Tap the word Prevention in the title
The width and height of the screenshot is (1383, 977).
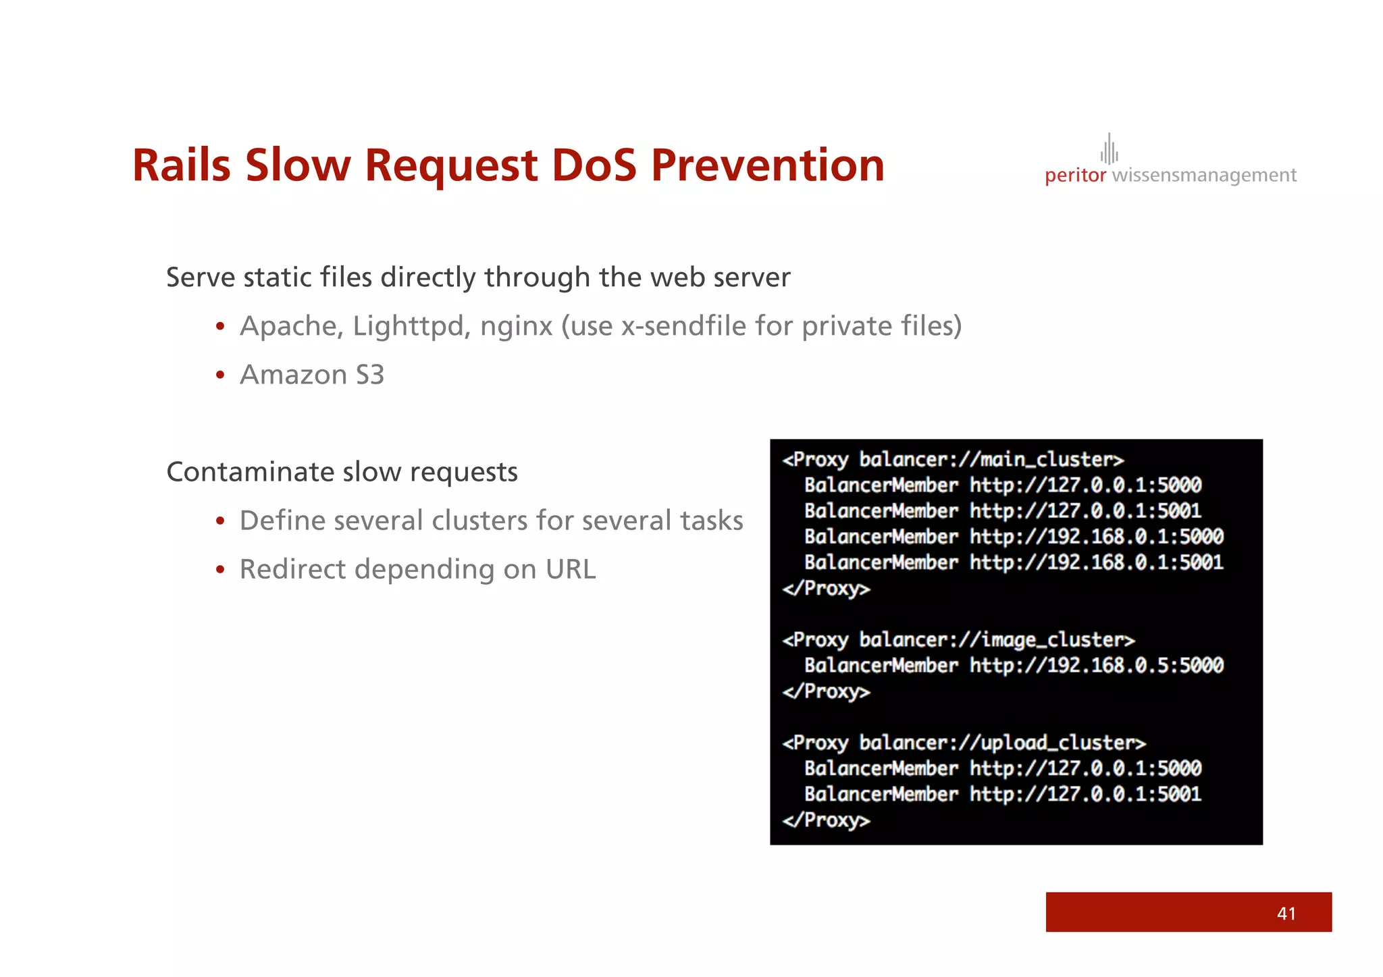pos(767,165)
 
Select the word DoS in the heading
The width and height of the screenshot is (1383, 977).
pos(594,165)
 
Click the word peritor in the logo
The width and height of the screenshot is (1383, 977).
pos(1075,176)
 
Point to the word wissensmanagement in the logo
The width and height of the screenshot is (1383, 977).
pos(1204,176)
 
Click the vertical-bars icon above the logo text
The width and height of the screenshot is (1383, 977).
pos(1109,149)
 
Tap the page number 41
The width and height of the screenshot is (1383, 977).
pos(1286,914)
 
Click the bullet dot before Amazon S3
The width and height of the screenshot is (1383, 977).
pos(219,375)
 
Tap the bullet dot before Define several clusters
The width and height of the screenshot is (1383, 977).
pos(219,521)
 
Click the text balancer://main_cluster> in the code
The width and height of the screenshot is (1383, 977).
pos(991,460)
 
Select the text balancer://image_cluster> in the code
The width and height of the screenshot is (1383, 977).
pos(997,639)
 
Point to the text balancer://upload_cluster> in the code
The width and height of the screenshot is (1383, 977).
pos(1002,743)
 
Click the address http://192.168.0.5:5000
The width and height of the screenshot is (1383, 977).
pos(1096,666)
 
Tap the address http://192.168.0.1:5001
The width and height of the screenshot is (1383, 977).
pos(1096,562)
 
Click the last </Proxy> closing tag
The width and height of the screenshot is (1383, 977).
pos(826,820)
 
